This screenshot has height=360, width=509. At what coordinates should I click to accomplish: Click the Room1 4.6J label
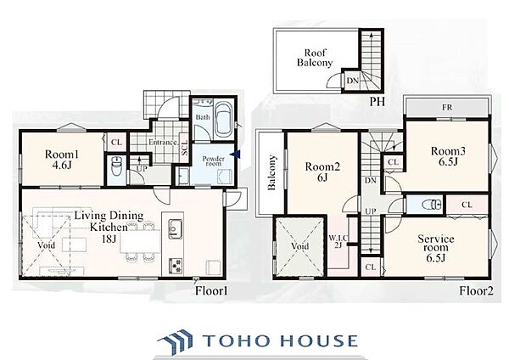coord(62,160)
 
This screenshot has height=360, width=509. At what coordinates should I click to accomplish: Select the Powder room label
coord(213,161)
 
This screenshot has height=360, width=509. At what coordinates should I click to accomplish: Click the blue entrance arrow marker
coord(237,155)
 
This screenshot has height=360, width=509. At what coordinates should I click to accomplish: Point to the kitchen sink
coord(176,229)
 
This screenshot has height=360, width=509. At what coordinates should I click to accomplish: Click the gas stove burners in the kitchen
coord(176,265)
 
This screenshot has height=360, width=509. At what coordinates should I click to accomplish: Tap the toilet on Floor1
coord(115,166)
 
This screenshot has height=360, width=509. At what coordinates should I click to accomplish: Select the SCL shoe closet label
coord(185,148)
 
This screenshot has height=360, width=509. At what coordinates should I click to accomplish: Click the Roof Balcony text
coord(315,58)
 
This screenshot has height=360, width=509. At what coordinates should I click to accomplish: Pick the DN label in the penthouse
coord(353,81)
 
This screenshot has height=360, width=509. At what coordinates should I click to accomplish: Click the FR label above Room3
coord(447,107)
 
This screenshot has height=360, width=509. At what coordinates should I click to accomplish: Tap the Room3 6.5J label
coord(448,156)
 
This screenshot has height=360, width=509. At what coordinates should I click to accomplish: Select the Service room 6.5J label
coord(436,248)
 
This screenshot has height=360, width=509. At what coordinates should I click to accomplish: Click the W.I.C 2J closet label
coord(338,241)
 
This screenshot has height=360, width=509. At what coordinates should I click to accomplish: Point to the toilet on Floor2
coord(431,205)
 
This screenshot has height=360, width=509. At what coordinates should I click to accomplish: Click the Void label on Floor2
coord(299,246)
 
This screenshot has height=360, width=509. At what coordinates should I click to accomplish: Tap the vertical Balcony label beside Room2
coord(271,172)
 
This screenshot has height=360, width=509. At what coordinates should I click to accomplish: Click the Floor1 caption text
coord(211,290)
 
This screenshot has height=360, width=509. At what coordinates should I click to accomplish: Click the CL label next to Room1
coord(116,143)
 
